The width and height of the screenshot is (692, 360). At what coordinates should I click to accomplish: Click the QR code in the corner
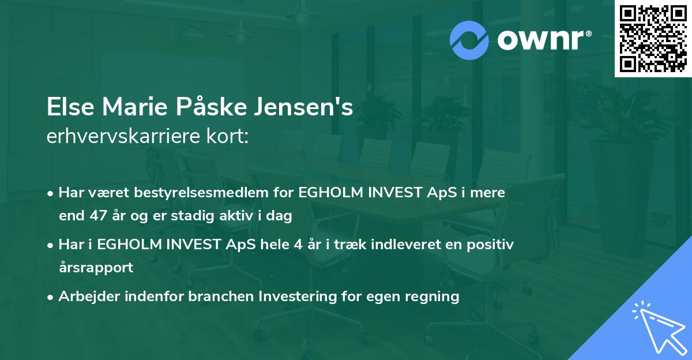(x=653, y=39)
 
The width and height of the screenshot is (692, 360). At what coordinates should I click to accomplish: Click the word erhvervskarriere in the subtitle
(x=125, y=136)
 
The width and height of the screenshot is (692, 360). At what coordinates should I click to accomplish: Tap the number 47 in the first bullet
(x=95, y=216)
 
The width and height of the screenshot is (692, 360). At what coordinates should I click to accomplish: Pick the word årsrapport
(x=96, y=268)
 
